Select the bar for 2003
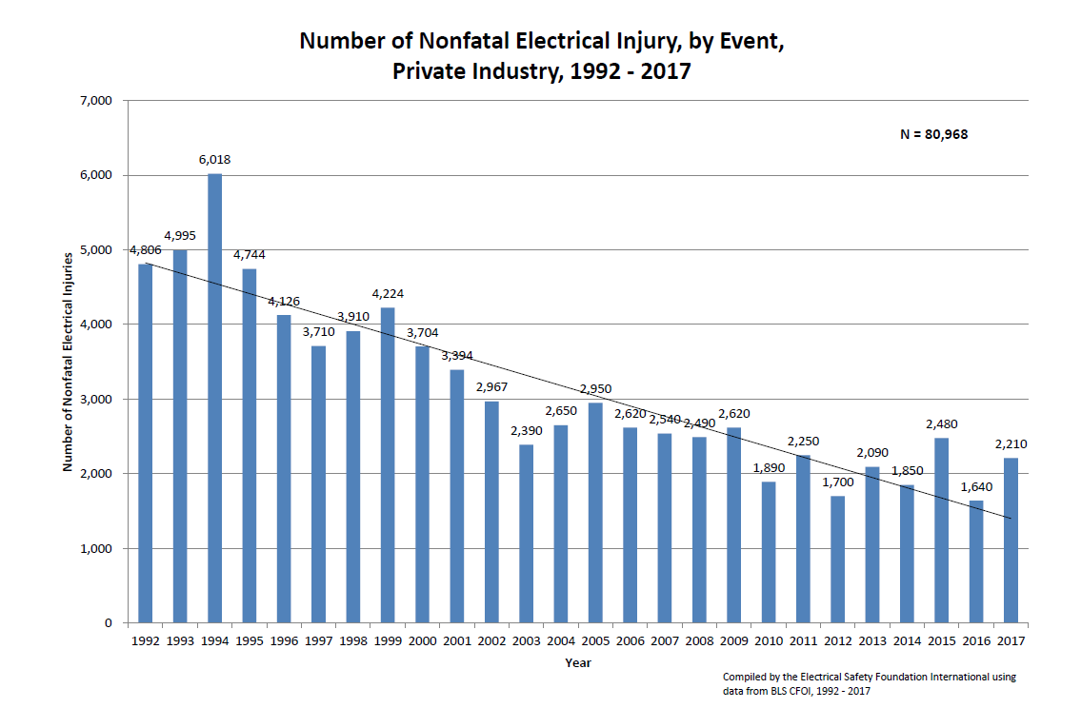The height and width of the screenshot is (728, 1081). pyautogui.click(x=526, y=533)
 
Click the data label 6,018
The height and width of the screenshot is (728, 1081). pyautogui.click(x=214, y=160)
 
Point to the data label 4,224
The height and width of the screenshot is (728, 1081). pyautogui.click(x=388, y=293)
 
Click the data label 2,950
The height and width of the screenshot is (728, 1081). pyautogui.click(x=595, y=388)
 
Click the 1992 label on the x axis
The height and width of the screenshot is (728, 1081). pyautogui.click(x=145, y=641)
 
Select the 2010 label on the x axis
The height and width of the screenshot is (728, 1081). pyautogui.click(x=768, y=641)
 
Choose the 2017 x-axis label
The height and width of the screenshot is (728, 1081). pyautogui.click(x=1010, y=641)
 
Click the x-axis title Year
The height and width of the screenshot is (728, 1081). pyautogui.click(x=577, y=662)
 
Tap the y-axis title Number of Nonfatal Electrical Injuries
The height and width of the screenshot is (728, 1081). pyautogui.click(x=68, y=362)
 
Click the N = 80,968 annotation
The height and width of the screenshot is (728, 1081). pyautogui.click(x=933, y=134)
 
